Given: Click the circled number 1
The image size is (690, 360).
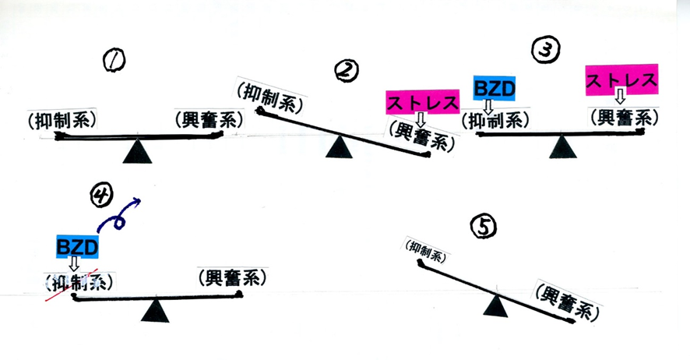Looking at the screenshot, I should pyautogui.click(x=114, y=59).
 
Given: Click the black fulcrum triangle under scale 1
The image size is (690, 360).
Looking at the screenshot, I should pyautogui.click(x=137, y=150).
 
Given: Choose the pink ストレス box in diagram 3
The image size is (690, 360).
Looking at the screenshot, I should pyautogui.click(x=621, y=79).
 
